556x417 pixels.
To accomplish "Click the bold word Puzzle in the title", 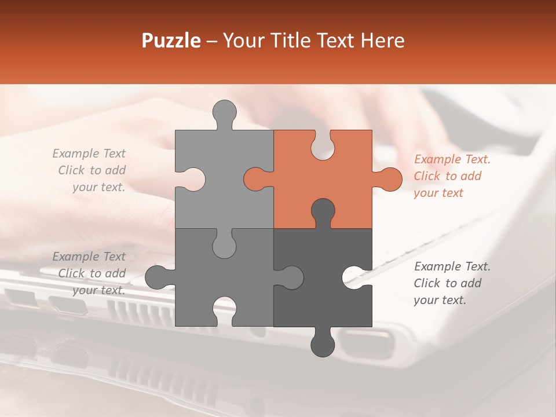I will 171,41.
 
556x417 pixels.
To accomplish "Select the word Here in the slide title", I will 383,41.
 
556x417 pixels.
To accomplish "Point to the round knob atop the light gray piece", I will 225,111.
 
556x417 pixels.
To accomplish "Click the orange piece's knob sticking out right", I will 389,179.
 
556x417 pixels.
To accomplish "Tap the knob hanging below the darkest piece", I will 323,345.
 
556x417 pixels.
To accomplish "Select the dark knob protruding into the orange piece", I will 323,211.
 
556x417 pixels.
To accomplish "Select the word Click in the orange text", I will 427,176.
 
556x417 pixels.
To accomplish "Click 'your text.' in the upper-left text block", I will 98,187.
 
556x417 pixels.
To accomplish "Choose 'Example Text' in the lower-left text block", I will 89,256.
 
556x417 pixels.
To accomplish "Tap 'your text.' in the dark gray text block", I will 440,300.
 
